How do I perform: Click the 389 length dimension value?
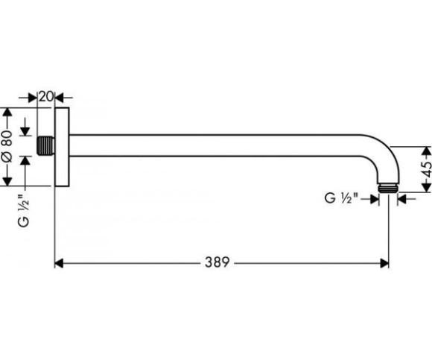point(217,262)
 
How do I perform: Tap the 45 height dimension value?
point(427,169)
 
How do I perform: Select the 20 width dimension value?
point(45,97)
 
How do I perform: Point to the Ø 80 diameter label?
point(7,146)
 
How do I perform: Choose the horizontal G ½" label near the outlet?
point(341,198)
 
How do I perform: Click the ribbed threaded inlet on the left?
point(45,145)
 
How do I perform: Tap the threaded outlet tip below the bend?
point(388,189)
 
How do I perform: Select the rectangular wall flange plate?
point(62,147)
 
